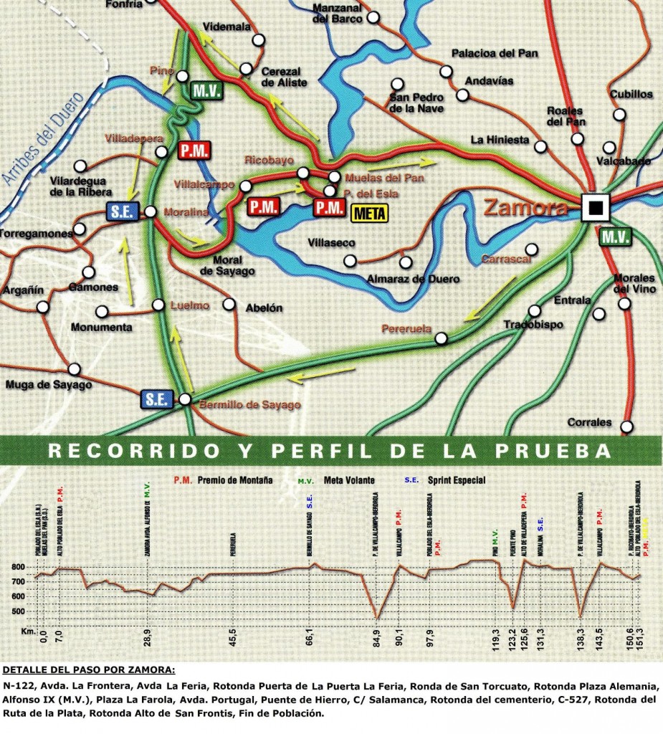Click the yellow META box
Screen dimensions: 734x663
(370, 214)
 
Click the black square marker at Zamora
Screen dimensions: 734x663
(594, 208)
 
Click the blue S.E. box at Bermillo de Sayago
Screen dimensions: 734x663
(157, 399)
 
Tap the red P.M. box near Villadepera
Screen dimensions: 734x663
(193, 151)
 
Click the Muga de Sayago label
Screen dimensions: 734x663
(49, 386)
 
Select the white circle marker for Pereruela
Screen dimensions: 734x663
(442, 338)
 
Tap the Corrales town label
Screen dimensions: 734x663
(589, 421)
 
